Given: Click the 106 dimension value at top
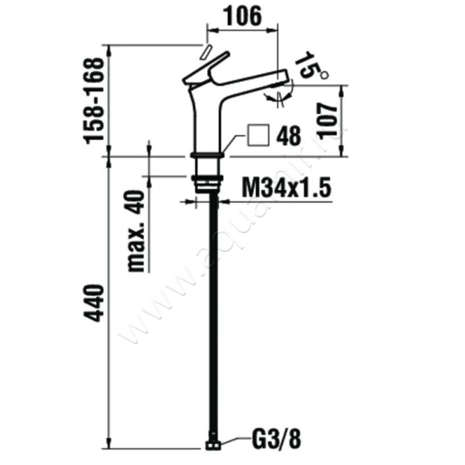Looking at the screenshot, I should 243,17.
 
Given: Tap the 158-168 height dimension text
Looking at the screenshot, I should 95,100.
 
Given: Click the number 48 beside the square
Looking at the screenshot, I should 288,137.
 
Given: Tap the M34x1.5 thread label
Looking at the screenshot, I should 285,189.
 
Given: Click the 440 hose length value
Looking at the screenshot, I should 95,303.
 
